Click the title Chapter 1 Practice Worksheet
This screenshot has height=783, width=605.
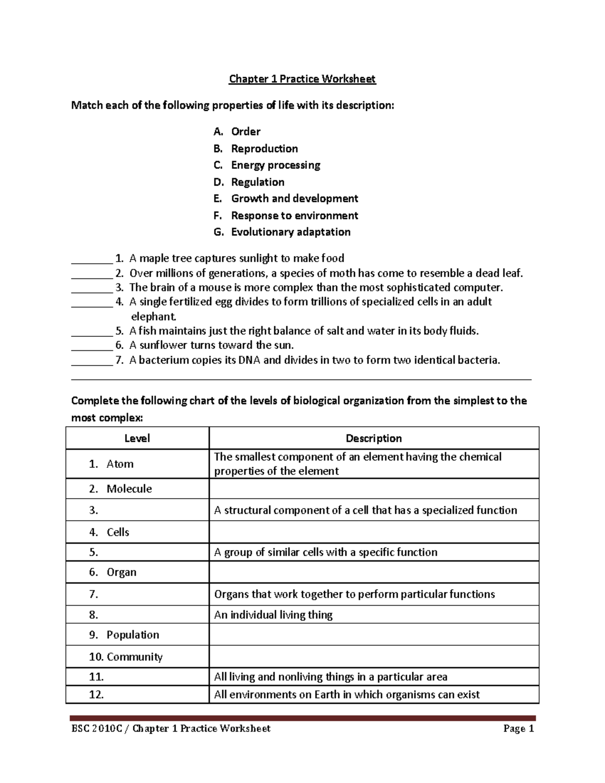click(302, 79)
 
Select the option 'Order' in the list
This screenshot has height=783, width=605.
click(246, 132)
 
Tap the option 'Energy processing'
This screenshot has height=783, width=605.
click(275, 165)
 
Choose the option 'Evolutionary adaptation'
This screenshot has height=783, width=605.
click(290, 232)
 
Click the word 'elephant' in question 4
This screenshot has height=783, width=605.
click(153, 317)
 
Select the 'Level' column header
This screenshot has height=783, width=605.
click(137, 438)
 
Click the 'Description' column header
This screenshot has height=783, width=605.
click(374, 438)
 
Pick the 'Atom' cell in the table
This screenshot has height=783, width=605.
click(120, 464)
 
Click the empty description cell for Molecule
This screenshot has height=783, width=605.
click(374, 489)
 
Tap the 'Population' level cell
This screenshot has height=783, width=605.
click(133, 635)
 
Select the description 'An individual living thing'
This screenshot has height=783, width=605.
click(273, 615)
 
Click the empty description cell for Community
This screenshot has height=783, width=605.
click(374, 656)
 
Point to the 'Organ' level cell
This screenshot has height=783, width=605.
click(122, 572)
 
